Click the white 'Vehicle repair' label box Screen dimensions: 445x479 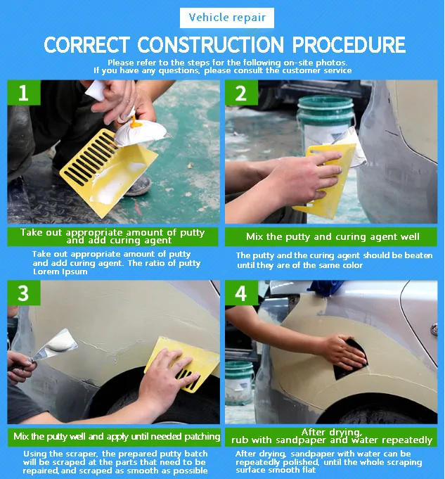click(227, 18)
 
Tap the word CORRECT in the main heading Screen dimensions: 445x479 click(86, 45)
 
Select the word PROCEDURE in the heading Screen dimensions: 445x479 click(349, 45)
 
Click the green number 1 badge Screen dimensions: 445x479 click(24, 93)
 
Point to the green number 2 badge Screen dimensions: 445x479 click(241, 93)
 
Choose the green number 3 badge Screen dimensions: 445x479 click(24, 293)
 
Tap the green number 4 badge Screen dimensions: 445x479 click(241, 293)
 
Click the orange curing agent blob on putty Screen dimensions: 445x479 click(135, 122)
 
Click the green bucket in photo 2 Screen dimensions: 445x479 click(325, 122)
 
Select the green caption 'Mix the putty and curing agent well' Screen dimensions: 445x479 click(333, 237)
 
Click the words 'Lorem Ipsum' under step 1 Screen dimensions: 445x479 click(60, 272)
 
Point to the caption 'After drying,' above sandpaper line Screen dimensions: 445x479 click(332, 432)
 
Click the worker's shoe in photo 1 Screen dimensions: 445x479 click(139, 186)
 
